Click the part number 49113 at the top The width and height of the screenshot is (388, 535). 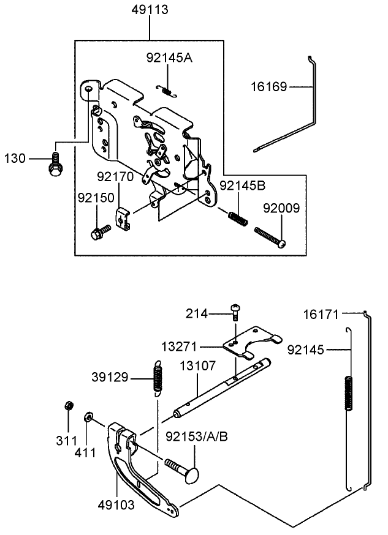pyautogui.click(x=150, y=10)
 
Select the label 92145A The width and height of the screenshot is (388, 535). pyautogui.click(x=169, y=58)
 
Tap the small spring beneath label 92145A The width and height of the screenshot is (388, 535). pyautogui.click(x=165, y=89)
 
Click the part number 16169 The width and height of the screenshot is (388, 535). pyautogui.click(x=267, y=87)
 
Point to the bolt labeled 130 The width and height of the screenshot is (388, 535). pyautogui.click(x=54, y=164)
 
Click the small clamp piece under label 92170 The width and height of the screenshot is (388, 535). pyautogui.click(x=123, y=219)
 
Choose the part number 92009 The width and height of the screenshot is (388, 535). pyautogui.click(x=281, y=208)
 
